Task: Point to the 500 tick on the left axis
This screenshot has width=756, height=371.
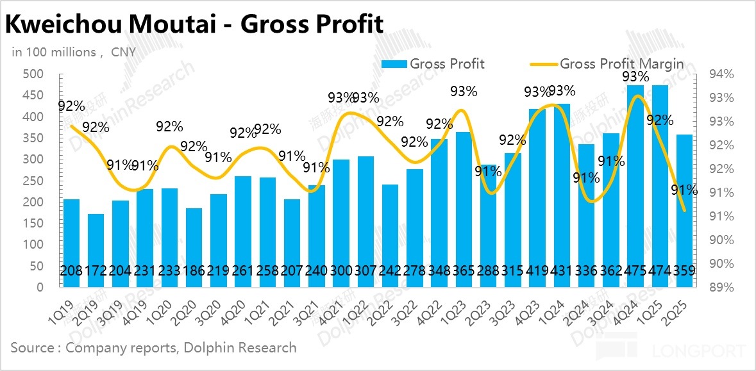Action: coord(33,74)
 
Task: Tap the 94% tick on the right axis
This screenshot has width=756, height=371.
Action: coord(719,74)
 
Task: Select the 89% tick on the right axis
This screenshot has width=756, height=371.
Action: coord(719,287)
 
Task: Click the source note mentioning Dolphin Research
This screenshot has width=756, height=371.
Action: coord(154,348)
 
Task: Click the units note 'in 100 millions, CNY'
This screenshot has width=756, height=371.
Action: coord(74,52)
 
